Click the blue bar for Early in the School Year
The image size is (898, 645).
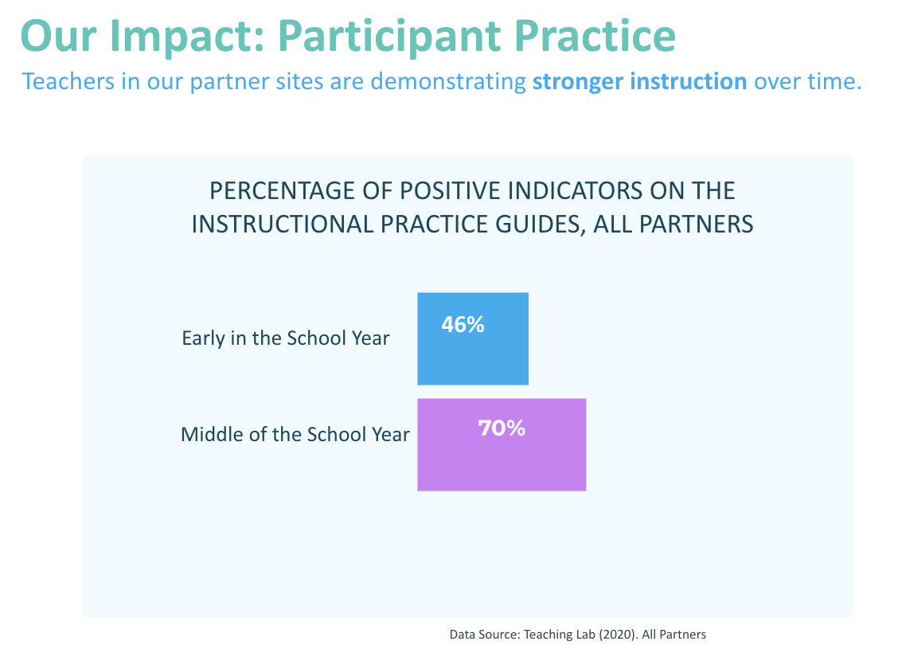[472, 338]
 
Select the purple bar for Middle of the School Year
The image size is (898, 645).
[502, 444]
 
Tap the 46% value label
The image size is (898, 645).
[463, 325]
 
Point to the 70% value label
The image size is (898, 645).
[502, 428]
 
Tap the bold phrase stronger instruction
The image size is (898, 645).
[640, 81]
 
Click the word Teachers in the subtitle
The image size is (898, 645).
[68, 81]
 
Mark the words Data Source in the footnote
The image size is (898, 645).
[485, 634]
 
